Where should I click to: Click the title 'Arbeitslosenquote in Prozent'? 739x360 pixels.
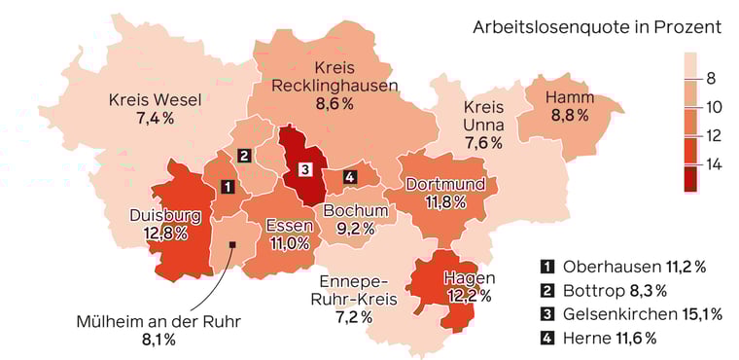596,27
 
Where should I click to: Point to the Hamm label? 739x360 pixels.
569,96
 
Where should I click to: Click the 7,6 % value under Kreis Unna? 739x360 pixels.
482,142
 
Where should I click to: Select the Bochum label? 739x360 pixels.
355,210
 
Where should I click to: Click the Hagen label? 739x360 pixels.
470,278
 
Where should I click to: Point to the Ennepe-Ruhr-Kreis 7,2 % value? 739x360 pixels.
354,317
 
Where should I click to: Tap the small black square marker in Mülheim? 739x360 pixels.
232,244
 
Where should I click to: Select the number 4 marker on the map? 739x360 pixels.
350,176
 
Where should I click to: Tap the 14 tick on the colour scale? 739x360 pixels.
715,165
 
